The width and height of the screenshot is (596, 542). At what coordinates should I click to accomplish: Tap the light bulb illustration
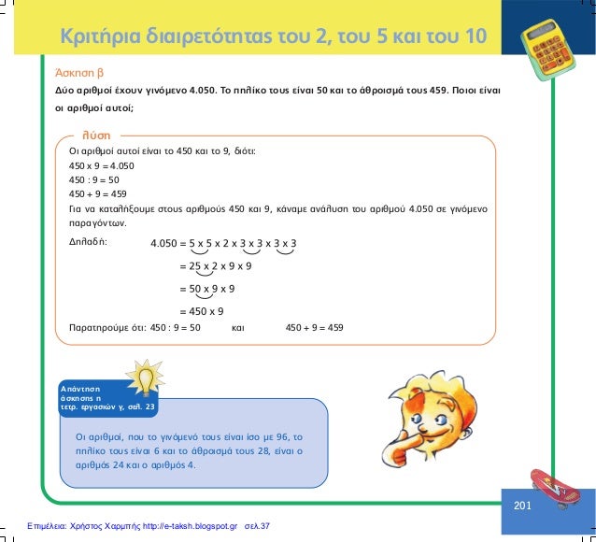[x=146, y=380]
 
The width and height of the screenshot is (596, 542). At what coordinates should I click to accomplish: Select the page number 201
[x=522, y=506]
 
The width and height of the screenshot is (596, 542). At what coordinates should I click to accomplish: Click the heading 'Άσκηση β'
[x=79, y=72]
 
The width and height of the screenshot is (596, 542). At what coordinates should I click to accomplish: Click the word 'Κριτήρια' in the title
[x=98, y=38]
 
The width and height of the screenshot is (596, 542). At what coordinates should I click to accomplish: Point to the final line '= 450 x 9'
[x=201, y=311]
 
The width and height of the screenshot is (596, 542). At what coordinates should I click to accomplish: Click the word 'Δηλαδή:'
[x=89, y=240]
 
